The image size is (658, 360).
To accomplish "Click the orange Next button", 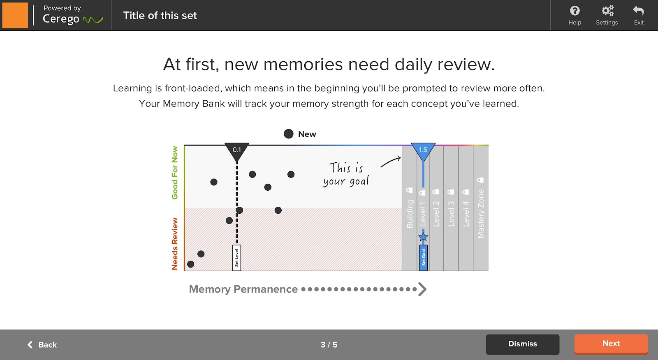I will click(x=611, y=344).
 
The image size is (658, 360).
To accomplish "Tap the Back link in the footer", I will click(x=42, y=345).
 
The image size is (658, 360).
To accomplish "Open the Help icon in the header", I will click(x=575, y=11).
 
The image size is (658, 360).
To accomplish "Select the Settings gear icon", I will click(x=607, y=11).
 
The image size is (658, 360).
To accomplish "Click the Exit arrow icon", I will click(x=639, y=11).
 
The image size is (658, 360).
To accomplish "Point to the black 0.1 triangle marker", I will click(x=237, y=151).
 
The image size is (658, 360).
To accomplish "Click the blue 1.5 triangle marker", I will click(x=423, y=151).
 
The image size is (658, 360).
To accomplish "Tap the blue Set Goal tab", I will click(x=423, y=258).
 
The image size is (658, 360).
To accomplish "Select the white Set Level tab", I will click(x=236, y=258).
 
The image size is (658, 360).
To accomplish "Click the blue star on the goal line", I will click(x=423, y=237).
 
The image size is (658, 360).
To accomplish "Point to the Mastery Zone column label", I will click(x=481, y=213).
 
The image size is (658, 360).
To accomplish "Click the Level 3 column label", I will click(x=451, y=213).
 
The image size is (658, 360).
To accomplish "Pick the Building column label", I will click(x=410, y=213).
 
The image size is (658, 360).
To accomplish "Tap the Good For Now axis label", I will click(x=175, y=173).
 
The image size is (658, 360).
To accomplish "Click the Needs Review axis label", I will click(x=175, y=244).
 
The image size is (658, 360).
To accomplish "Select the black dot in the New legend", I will click(x=289, y=134).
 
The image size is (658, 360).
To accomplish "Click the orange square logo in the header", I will click(x=15, y=15).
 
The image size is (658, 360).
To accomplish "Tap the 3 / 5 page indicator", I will click(x=329, y=345).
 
